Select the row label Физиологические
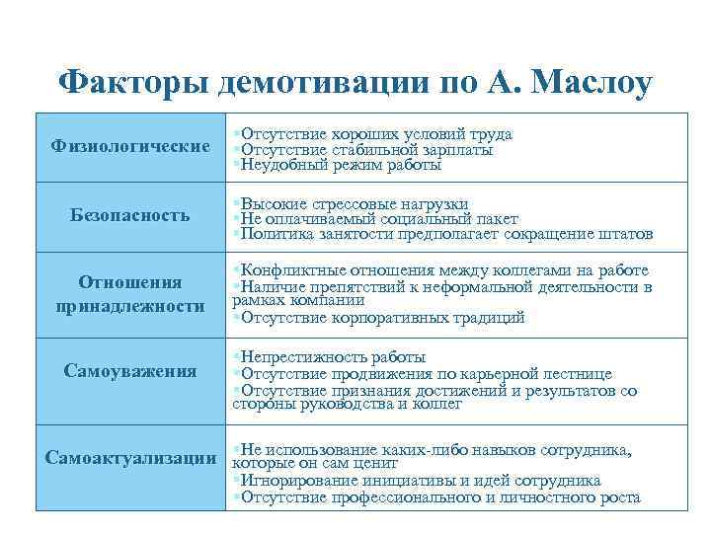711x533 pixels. point(131,148)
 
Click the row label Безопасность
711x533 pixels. point(131,215)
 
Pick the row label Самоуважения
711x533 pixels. point(131,371)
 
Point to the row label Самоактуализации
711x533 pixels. point(131,459)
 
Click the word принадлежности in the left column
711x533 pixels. point(131,306)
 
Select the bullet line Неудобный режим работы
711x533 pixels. point(326,166)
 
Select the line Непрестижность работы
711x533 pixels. point(332,357)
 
